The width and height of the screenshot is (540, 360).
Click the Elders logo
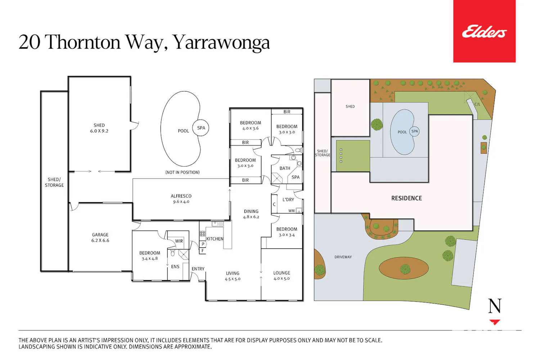484,32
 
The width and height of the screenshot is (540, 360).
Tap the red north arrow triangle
494,322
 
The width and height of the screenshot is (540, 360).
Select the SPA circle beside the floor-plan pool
201,128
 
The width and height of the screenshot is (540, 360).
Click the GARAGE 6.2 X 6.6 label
100,238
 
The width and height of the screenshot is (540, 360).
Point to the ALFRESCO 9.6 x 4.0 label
181,199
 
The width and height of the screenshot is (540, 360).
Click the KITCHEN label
215,239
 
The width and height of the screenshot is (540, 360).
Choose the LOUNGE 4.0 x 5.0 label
282,276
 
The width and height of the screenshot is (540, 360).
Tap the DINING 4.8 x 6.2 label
251,214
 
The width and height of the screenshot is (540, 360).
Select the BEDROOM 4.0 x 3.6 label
251,125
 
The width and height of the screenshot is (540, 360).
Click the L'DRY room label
288,200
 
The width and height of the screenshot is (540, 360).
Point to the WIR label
179,241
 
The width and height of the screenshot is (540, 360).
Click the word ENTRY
198,269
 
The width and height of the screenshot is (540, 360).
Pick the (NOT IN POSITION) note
183,172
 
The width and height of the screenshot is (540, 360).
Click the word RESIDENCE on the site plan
406,198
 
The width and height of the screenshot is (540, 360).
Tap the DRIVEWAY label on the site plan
343,257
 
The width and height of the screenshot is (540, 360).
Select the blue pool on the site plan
402,132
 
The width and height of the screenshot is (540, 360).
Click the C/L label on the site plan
477,104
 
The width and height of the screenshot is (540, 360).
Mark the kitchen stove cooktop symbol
202,233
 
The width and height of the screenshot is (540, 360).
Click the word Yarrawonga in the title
221,42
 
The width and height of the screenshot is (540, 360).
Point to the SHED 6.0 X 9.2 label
99,128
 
